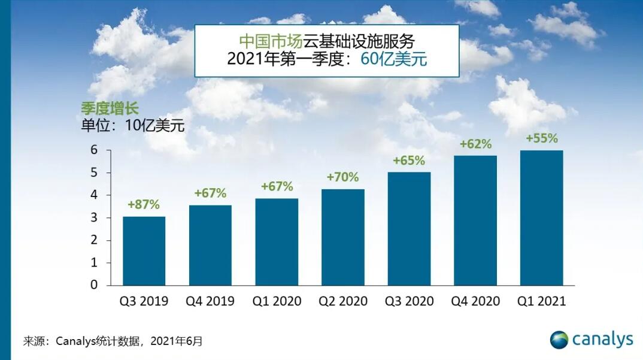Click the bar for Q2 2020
(x=342, y=237)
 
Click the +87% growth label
(x=144, y=204)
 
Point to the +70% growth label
(x=342, y=177)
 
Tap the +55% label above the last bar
(x=541, y=138)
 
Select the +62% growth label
(x=475, y=144)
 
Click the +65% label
(x=409, y=161)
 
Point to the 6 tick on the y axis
(x=93, y=150)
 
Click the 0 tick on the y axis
(x=93, y=285)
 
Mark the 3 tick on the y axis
(x=93, y=218)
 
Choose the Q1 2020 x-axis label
(x=277, y=301)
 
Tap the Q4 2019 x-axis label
(x=210, y=301)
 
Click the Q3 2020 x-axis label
(x=409, y=301)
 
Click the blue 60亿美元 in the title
(x=393, y=59)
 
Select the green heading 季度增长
(x=110, y=108)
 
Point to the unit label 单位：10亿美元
(x=133, y=126)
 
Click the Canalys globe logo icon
(x=559, y=340)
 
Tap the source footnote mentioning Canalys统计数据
(x=113, y=341)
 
